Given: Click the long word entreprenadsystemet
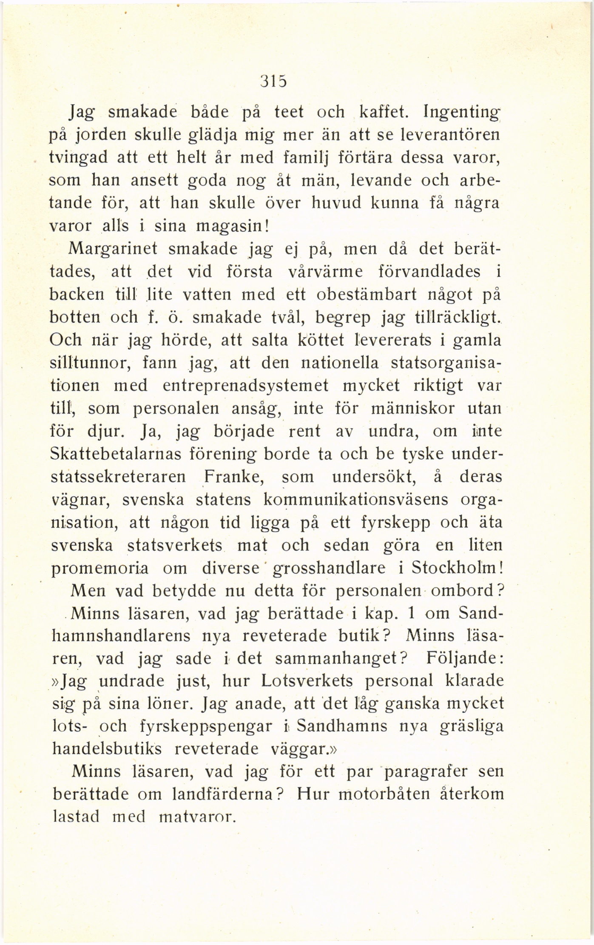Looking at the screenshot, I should (245, 385).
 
